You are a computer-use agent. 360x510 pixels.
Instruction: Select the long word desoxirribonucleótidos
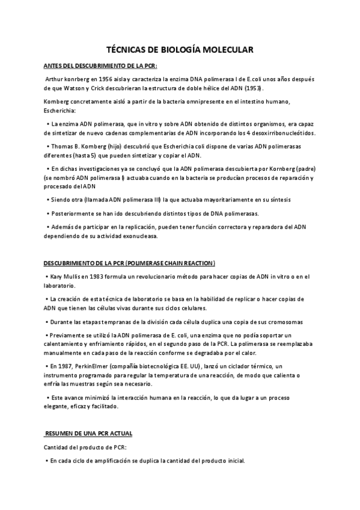283,132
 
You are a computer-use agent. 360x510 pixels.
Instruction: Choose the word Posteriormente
73,214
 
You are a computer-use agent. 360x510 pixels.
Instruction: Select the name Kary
58,277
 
